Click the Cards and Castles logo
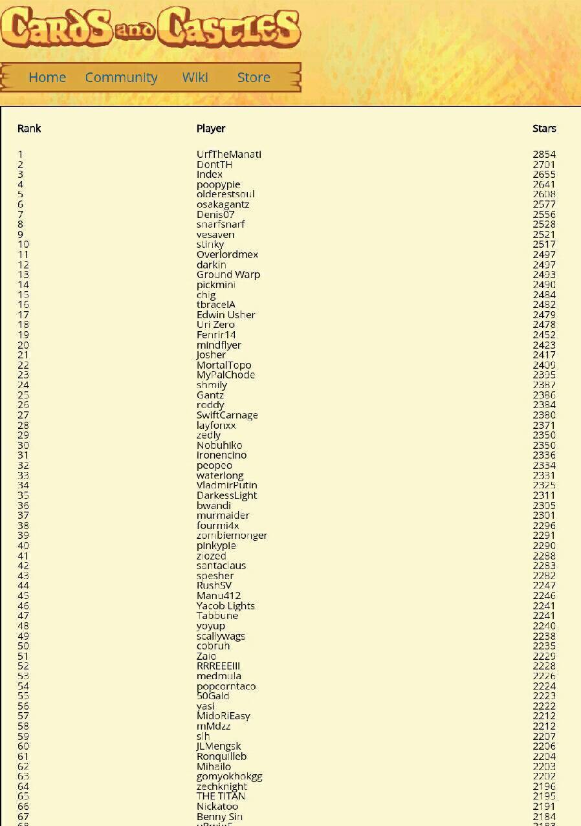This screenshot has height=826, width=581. point(150,27)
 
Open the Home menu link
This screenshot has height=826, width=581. point(47,78)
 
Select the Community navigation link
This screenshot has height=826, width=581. point(121,78)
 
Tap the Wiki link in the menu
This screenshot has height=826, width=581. point(195,78)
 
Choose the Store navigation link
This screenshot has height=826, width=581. point(254,78)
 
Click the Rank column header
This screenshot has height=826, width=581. point(29,128)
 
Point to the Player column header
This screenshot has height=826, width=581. point(211,128)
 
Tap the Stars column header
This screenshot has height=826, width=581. point(544,128)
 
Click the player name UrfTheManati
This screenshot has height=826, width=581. point(229,155)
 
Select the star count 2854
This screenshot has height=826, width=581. point(544,155)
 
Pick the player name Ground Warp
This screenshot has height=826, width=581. point(228,275)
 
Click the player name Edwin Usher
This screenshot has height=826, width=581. point(226,315)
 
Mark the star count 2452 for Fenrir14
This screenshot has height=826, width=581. point(544,335)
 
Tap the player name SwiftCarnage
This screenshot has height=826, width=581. point(227,415)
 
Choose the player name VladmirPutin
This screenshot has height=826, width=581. point(227,485)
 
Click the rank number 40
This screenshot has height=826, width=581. point(23,545)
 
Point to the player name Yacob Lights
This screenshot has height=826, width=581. point(226,606)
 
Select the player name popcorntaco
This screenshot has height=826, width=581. point(226,686)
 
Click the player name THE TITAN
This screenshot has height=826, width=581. point(221,796)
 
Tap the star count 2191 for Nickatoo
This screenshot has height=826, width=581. point(544,807)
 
